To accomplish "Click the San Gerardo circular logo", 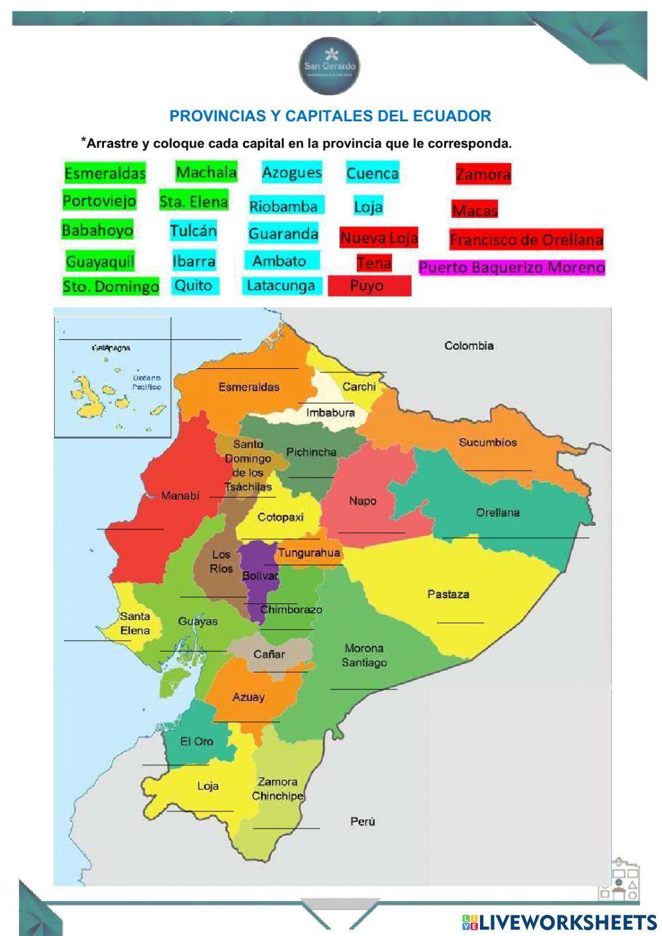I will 330,66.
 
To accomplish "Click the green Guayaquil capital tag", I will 100,262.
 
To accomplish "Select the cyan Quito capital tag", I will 193,286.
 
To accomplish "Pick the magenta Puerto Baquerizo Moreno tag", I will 512,268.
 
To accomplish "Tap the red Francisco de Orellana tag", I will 526,240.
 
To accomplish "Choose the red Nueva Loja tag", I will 379,237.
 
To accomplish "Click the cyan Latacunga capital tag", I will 281,286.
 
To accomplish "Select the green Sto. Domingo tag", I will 111,287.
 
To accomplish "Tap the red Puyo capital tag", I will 369,286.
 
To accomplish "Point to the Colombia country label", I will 469,346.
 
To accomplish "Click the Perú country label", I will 362,821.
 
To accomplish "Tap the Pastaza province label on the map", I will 448,594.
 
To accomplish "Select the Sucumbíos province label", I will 488,442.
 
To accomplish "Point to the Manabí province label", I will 180,495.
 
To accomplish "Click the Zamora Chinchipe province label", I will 277,789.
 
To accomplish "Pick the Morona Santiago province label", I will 364,655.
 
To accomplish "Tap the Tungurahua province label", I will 308,552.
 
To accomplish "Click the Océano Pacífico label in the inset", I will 146,382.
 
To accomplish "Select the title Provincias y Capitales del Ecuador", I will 330,116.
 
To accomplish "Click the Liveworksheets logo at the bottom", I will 559,922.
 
